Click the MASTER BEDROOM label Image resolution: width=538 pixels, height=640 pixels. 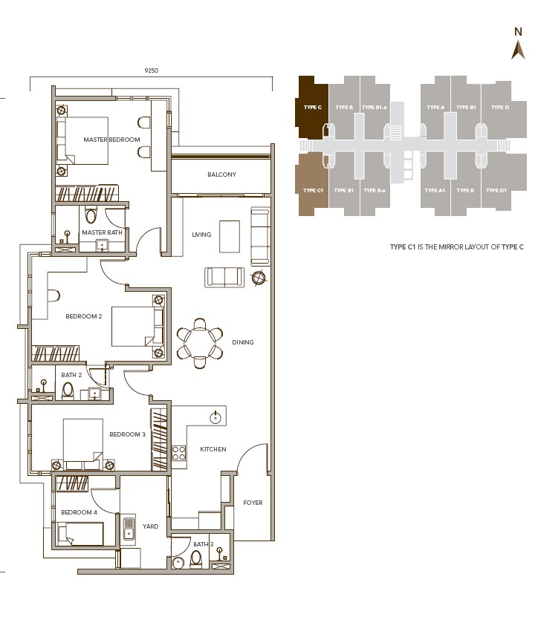(x=111, y=140)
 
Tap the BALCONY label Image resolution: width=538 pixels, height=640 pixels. (x=221, y=174)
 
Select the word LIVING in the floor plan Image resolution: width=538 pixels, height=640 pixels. (x=201, y=235)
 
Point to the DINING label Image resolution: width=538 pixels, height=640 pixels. (x=243, y=342)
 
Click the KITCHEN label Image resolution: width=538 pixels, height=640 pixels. (x=213, y=449)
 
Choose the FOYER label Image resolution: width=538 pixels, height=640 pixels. (x=253, y=503)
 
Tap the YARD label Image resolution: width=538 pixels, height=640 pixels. (x=151, y=526)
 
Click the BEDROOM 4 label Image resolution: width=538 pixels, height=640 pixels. (x=79, y=512)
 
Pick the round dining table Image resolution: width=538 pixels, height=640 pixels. (x=200, y=343)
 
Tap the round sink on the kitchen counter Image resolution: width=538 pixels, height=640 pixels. (x=216, y=417)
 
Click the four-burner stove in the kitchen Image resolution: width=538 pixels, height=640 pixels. (x=179, y=453)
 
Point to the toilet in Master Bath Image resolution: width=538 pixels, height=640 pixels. (x=91, y=216)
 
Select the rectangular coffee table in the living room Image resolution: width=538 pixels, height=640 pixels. (x=230, y=231)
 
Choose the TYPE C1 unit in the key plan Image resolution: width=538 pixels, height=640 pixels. (x=313, y=190)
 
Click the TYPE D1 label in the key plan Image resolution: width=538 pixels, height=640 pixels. (x=496, y=191)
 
